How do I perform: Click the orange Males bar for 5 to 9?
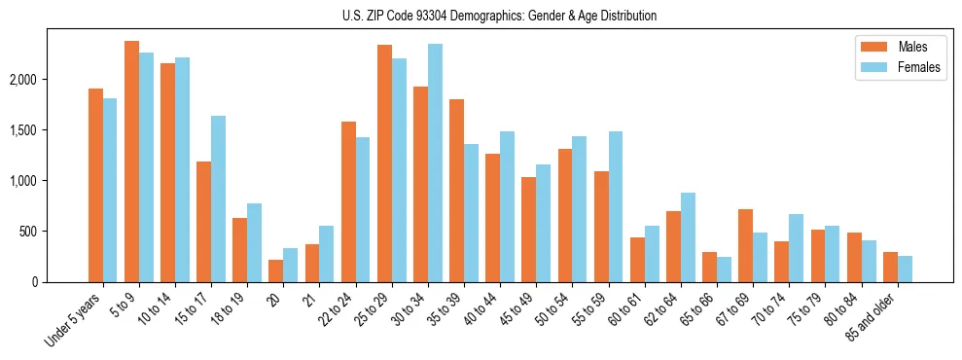click(x=131, y=162)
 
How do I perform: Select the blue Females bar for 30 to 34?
click(x=435, y=162)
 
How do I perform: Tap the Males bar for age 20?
click(x=275, y=270)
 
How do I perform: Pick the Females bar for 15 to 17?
click(x=218, y=198)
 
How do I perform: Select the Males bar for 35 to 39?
click(x=456, y=191)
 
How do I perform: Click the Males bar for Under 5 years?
click(x=95, y=185)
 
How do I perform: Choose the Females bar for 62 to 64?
click(x=688, y=237)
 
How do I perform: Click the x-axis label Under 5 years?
click(x=75, y=319)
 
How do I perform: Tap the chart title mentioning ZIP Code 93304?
click(x=500, y=16)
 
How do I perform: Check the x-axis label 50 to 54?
click(x=558, y=308)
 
